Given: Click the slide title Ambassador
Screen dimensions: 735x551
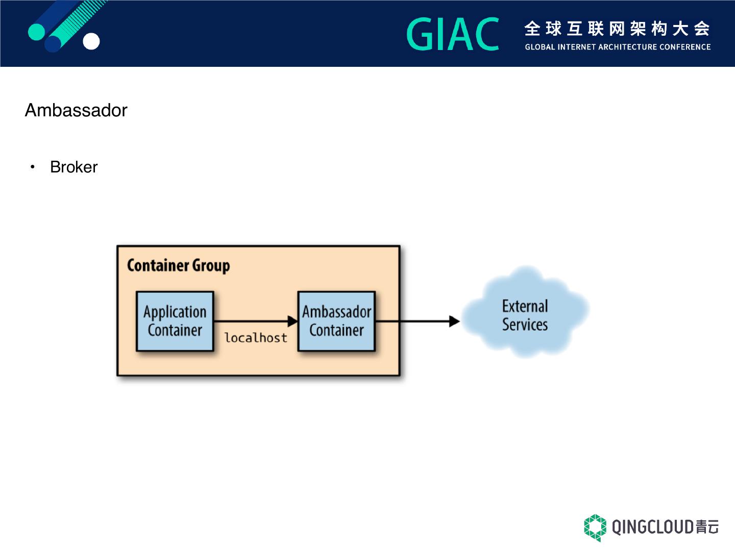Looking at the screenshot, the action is pos(76,110).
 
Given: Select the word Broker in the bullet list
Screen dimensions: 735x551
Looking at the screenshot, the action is pos(73,167).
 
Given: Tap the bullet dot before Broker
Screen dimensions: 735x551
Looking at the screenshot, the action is pos(32,167).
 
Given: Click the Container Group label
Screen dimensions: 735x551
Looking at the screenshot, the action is pos(179,266).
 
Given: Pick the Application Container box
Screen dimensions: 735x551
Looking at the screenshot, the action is pos(175,321).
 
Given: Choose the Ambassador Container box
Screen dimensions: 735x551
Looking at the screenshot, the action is pos(336,321).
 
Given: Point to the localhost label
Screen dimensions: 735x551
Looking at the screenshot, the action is pos(256,338).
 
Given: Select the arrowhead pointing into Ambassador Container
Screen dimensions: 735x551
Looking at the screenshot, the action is pos(292,321).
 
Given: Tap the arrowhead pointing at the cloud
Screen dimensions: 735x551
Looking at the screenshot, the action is pos(454,321).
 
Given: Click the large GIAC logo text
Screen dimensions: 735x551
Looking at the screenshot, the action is pos(453,34).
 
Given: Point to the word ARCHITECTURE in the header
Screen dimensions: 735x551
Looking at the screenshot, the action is pos(627,47).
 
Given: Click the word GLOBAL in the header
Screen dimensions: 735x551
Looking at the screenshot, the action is pos(540,47).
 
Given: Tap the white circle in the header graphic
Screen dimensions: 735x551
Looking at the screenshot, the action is pos(91,41).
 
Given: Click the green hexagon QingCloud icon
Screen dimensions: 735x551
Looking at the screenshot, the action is pos(595,528).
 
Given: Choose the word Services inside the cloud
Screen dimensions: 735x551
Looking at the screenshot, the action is pos(525,324).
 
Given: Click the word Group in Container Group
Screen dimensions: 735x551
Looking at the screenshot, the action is pos(211,266).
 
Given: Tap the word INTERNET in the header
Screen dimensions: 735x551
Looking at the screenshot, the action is pos(576,47).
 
